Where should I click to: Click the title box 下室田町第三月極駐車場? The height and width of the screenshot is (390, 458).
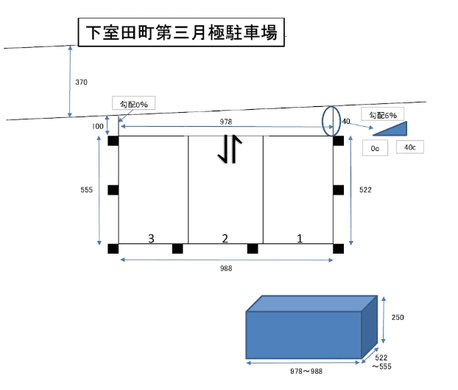(181, 32)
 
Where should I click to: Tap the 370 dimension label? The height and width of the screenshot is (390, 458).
(81, 82)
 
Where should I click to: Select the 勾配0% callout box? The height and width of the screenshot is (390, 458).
(133, 103)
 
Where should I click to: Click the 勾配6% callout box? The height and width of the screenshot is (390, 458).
(383, 114)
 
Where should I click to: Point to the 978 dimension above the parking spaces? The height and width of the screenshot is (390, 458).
(226, 122)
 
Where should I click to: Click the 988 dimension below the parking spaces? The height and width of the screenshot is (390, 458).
(226, 268)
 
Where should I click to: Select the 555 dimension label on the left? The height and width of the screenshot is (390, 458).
(86, 189)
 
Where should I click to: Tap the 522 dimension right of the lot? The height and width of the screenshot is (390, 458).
(365, 189)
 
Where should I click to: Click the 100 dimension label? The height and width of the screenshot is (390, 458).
(97, 126)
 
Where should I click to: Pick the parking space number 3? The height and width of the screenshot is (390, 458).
(151, 239)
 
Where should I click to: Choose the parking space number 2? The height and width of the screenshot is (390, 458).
(225, 239)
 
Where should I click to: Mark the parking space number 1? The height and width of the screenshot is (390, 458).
(300, 239)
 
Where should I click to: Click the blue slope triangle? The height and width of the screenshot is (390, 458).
(396, 130)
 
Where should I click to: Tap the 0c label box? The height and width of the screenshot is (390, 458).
(375, 148)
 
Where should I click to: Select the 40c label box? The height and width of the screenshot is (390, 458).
(410, 147)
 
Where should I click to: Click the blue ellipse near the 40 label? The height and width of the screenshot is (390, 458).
(323, 122)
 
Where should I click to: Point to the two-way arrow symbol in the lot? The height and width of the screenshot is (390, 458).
(230, 148)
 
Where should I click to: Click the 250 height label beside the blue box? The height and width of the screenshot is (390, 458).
(398, 317)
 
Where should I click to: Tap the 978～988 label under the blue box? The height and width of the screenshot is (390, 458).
(306, 372)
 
